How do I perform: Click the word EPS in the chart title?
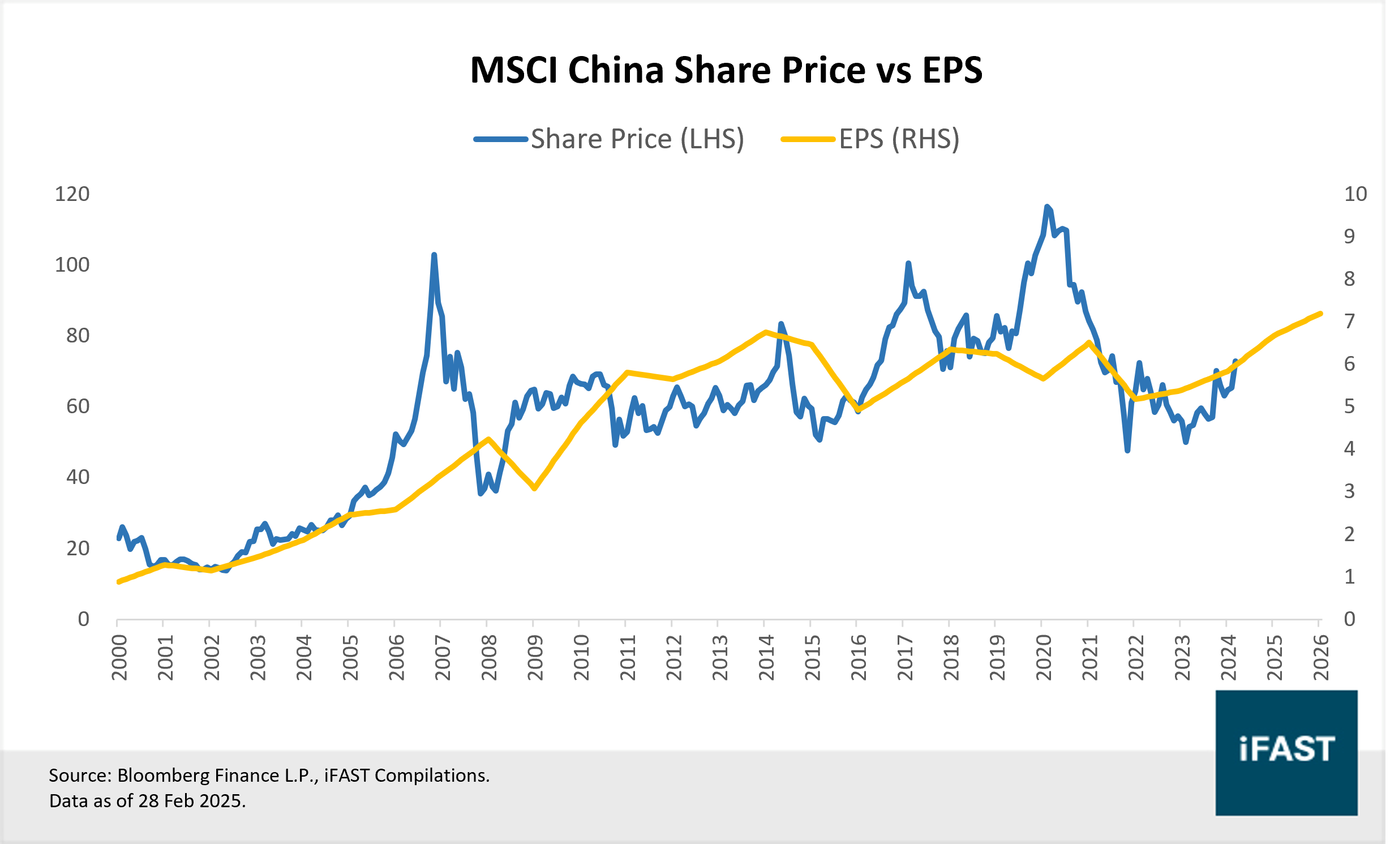click(952, 71)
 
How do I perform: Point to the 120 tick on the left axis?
click(72, 194)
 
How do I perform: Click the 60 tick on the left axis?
click(78, 406)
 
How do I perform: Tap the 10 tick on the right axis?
click(1355, 194)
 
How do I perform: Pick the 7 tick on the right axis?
click(1349, 322)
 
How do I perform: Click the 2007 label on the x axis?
click(443, 658)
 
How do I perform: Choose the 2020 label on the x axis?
click(1043, 658)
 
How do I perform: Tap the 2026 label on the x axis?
click(1320, 658)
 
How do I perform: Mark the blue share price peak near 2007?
click(434, 255)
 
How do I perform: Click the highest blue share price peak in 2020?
click(1046, 207)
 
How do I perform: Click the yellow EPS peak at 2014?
click(766, 332)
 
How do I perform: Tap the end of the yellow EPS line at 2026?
click(1320, 314)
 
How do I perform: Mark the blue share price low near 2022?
click(1127, 451)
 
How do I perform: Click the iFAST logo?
click(1286, 752)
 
